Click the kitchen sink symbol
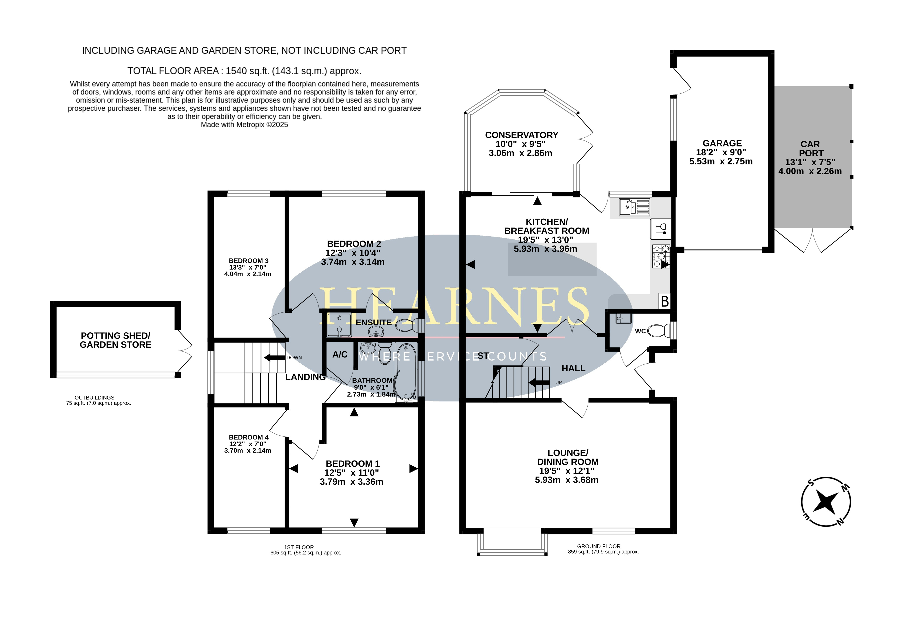(x=634, y=207)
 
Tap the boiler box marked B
(x=664, y=301)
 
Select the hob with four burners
(x=661, y=256)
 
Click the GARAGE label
(x=722, y=143)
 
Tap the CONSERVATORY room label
(x=521, y=135)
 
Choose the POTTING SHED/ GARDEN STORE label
(x=115, y=340)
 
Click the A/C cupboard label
(x=340, y=355)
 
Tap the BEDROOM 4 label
(x=249, y=437)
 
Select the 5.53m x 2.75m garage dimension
(x=721, y=162)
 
